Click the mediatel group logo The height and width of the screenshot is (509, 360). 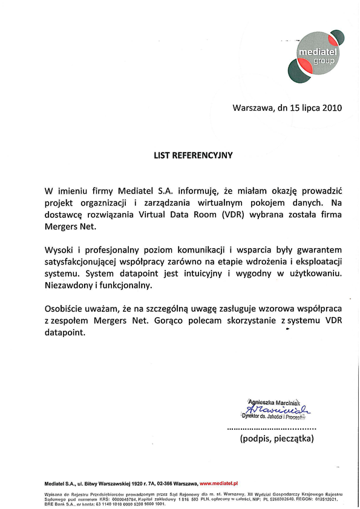click(316, 55)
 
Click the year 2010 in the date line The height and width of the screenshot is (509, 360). click(331, 109)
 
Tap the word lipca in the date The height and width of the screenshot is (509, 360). click(306, 109)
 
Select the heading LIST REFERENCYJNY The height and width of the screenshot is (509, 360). click(192, 155)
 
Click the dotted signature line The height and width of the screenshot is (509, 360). click(271, 428)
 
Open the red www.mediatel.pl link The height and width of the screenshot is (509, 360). click(219, 484)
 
